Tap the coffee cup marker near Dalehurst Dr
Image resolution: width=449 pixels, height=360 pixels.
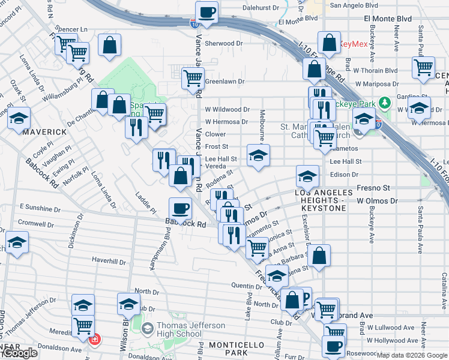point(206,12)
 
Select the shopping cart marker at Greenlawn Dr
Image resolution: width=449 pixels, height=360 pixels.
point(193,79)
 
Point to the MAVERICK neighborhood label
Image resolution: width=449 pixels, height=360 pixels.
point(46,131)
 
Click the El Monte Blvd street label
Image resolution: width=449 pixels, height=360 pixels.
point(387,19)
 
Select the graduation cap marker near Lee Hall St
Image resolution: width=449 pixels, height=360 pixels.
point(258,155)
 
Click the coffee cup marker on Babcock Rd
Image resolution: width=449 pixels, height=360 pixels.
point(180,209)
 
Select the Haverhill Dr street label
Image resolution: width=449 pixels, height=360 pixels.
point(109,262)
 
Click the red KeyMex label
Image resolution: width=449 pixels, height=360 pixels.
point(353,44)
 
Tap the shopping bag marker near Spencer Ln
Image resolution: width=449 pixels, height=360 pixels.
point(109,45)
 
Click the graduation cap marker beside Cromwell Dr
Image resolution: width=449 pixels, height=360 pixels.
point(17,242)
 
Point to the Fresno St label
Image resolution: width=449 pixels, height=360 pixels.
point(373,188)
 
